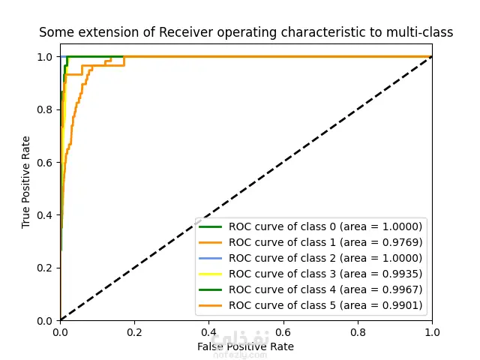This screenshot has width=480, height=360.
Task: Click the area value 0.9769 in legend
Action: (402, 242)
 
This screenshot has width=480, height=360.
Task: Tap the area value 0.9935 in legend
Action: (402, 274)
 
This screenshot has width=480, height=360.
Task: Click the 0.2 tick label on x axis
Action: (134, 332)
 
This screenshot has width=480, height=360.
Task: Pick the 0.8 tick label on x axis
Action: (358, 332)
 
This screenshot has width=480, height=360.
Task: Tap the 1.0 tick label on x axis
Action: (432, 332)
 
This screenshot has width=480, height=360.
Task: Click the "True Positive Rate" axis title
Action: (26, 182)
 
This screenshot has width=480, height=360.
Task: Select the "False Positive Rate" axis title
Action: (245, 346)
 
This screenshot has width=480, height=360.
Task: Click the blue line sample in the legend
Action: (211, 258)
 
